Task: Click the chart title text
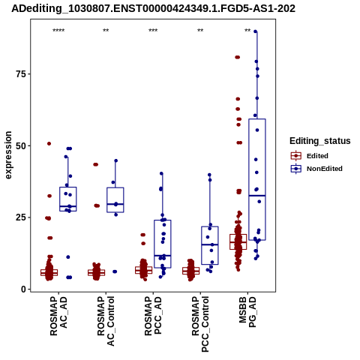coord(153,8)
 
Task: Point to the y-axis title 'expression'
coord(8,155)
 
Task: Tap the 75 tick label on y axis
coord(21,74)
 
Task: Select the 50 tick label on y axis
coord(21,145)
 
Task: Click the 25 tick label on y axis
coord(21,217)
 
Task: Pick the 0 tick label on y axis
coord(24,289)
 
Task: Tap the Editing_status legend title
coord(320,141)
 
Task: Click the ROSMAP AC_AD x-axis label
coord(58,316)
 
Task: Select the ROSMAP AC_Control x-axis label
coord(106,321)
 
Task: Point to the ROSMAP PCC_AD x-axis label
coord(153,316)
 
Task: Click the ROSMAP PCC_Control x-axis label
coord(200,324)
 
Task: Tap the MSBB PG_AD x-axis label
coord(247,312)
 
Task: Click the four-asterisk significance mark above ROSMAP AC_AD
coord(58,31)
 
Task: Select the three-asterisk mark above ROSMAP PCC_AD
coord(153,31)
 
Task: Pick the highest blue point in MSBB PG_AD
coord(256,31)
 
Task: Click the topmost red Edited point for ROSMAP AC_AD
coord(49,143)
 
